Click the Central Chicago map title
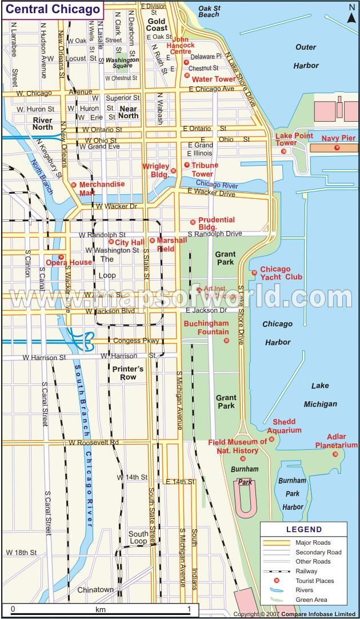(53, 9)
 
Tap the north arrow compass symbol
(351, 14)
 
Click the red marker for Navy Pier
(337, 148)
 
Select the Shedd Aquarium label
(287, 426)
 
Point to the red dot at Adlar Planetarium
(335, 454)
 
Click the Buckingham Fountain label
(206, 328)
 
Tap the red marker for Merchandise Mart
(73, 185)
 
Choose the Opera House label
(69, 262)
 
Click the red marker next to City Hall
(111, 242)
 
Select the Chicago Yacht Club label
(281, 273)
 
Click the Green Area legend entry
(311, 600)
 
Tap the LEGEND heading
(304, 529)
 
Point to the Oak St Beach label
(209, 11)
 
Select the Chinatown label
(95, 589)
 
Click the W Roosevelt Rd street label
(94, 442)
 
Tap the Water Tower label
(213, 79)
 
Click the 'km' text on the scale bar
(101, 609)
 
